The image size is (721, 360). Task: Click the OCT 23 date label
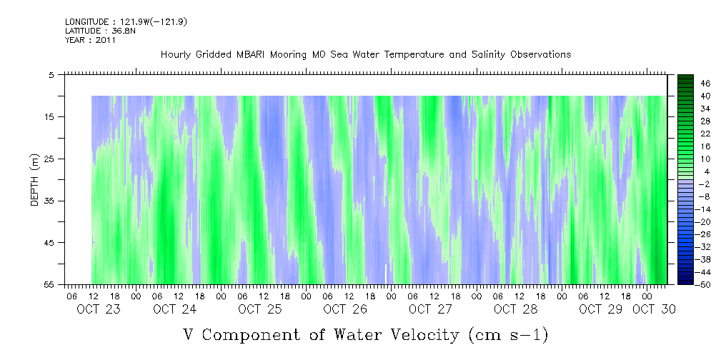point(99,309)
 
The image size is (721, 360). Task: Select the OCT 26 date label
point(345,309)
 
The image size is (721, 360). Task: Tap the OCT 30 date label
point(654,309)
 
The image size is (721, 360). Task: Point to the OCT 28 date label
point(515,309)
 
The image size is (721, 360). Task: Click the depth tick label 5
point(51,75)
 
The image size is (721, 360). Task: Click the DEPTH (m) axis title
point(34,180)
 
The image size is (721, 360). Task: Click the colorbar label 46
point(706,84)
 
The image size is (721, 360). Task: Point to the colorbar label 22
point(706,134)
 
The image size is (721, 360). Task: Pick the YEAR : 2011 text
point(90,40)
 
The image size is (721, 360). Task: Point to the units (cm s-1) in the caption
point(508,334)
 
